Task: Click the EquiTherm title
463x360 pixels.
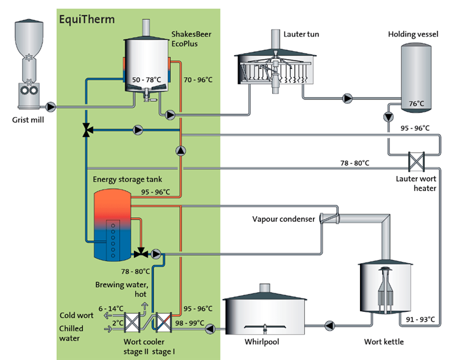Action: [86, 19]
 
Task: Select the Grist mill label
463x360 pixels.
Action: [28, 122]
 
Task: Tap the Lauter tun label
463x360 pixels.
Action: [299, 34]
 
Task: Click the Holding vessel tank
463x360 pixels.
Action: [414, 80]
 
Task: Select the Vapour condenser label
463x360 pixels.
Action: [283, 219]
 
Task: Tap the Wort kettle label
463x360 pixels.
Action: [386, 339]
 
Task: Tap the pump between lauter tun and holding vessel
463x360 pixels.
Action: [349, 98]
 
